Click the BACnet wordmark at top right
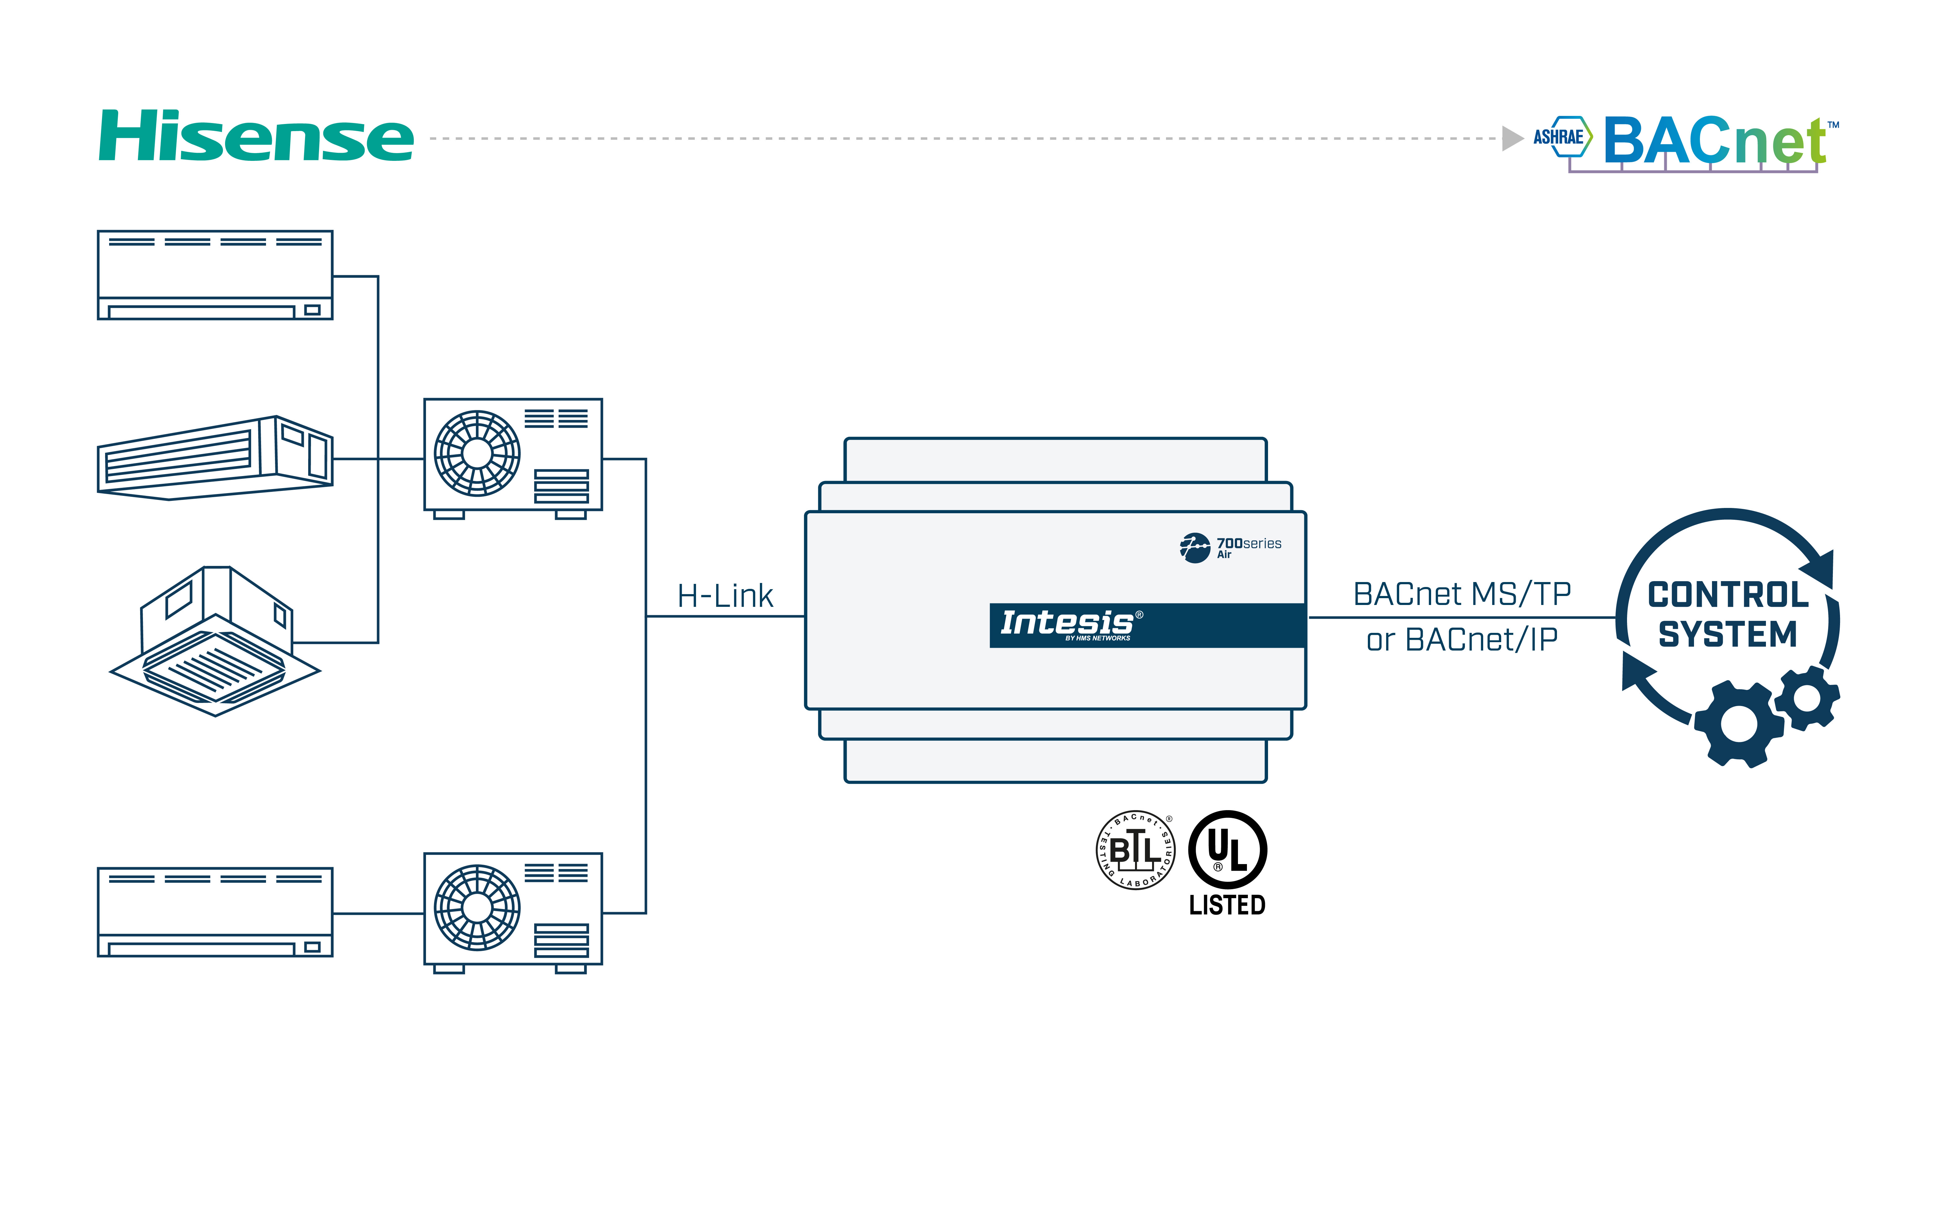[1714, 141]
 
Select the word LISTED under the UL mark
[1227, 905]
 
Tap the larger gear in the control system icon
[1738, 724]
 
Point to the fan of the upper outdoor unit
[477, 453]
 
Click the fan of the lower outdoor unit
[477, 907]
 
